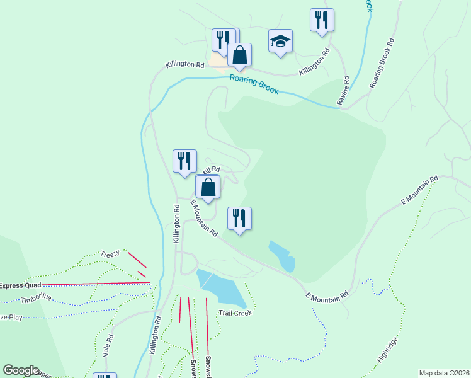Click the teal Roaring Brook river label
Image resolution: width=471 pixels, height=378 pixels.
click(254, 84)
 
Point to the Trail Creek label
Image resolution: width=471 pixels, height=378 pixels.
click(235, 312)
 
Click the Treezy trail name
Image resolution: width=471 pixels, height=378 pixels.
click(110, 254)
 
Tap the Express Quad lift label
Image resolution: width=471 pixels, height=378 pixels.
click(19, 285)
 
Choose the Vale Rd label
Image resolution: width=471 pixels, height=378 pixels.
click(109, 346)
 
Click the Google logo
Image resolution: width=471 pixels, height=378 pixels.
click(21, 370)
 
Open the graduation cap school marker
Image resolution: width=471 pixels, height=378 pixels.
click(280, 41)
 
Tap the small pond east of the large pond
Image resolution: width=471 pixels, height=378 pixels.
click(283, 255)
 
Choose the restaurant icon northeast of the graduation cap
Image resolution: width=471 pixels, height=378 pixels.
click(322, 19)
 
